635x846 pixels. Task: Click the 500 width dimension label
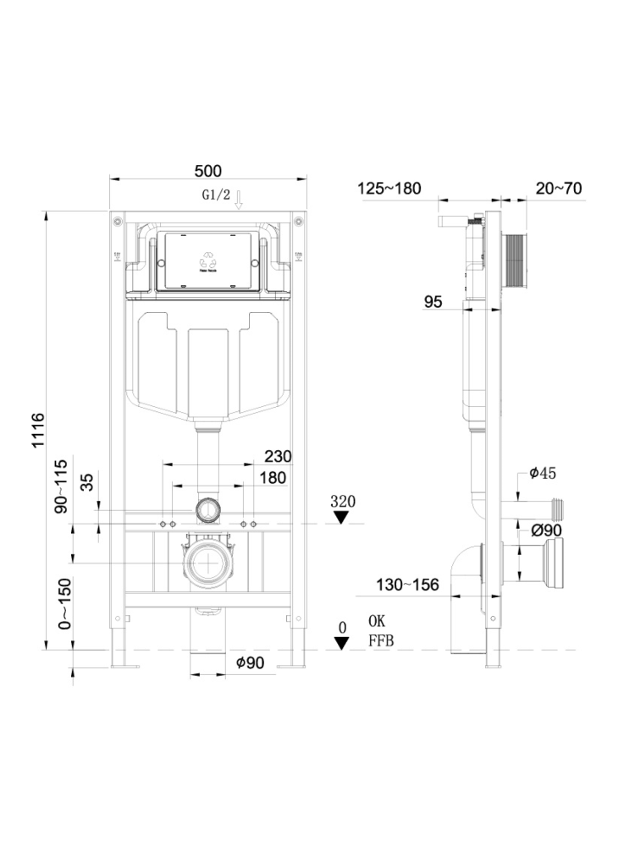pyautogui.click(x=207, y=170)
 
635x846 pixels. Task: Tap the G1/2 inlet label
pyautogui.click(x=216, y=195)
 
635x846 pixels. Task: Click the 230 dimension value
pyautogui.click(x=277, y=456)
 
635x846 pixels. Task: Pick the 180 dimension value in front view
pyautogui.click(x=273, y=479)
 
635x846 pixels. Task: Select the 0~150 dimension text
pyautogui.click(x=62, y=602)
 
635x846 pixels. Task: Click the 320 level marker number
pyautogui.click(x=342, y=502)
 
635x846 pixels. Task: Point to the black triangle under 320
pyautogui.click(x=341, y=518)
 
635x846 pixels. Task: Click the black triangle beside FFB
pyautogui.click(x=341, y=643)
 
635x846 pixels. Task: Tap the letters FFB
pyautogui.click(x=381, y=642)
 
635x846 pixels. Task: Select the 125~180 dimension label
pyautogui.click(x=389, y=188)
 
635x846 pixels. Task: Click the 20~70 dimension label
pyautogui.click(x=559, y=188)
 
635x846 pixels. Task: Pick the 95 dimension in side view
pyautogui.click(x=433, y=301)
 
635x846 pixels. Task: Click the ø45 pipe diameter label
pyautogui.click(x=543, y=474)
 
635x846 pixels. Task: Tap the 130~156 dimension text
pyautogui.click(x=409, y=585)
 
